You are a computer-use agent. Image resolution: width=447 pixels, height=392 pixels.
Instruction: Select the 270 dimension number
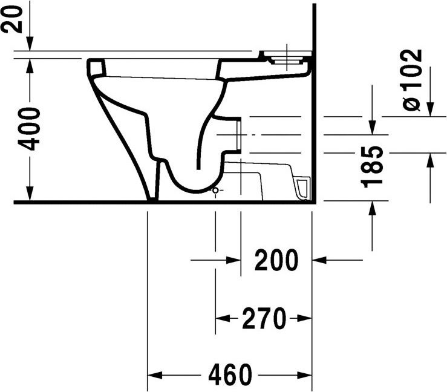tap(263, 319)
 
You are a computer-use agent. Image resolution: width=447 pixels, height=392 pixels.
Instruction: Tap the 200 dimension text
tap(276, 261)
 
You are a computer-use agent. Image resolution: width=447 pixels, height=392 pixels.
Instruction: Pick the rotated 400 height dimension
tap(28, 129)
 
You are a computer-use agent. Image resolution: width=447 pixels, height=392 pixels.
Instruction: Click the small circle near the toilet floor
tap(214, 191)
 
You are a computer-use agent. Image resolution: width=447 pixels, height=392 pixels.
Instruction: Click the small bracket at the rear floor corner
tap(302, 187)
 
